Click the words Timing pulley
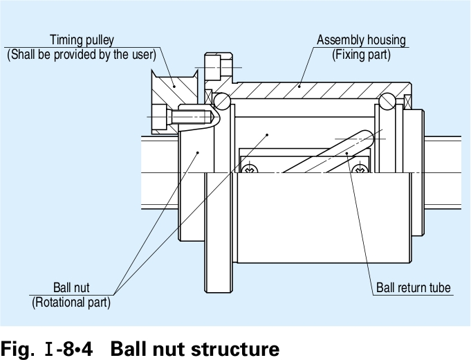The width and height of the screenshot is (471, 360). (82, 39)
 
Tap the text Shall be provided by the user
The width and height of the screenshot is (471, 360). (82, 55)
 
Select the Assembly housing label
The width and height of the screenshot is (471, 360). (361, 39)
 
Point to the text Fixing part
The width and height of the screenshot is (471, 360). (361, 55)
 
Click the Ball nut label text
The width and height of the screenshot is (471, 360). (71, 287)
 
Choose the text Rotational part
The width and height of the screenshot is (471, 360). (71, 302)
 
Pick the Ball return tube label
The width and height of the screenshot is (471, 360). (413, 287)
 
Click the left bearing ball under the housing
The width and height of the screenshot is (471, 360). (221, 101)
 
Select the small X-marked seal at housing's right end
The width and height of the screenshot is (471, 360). (407, 101)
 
